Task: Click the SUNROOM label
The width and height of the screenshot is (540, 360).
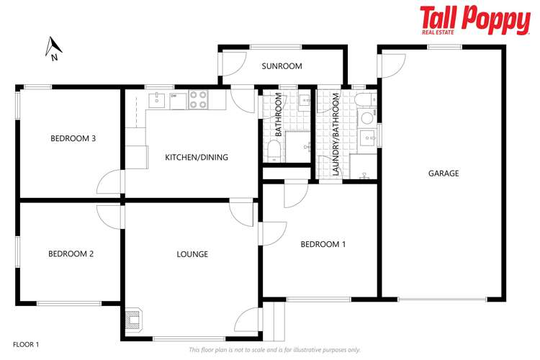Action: coord(282,66)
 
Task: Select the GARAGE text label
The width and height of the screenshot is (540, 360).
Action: coord(444,173)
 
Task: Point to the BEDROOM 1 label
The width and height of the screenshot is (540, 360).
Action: coord(323,244)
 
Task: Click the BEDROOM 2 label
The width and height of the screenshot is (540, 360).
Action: coord(71,253)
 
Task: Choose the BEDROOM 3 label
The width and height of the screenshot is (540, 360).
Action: coord(73,139)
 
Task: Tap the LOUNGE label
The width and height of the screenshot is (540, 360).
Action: coord(192,254)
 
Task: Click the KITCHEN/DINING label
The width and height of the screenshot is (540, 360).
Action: coord(197,157)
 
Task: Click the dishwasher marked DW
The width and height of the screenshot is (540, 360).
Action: coord(177,100)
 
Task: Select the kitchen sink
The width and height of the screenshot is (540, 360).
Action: coord(158,100)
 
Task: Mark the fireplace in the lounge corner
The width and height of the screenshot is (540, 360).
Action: coord(135,320)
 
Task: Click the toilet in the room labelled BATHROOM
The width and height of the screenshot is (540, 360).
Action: coord(274,150)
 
